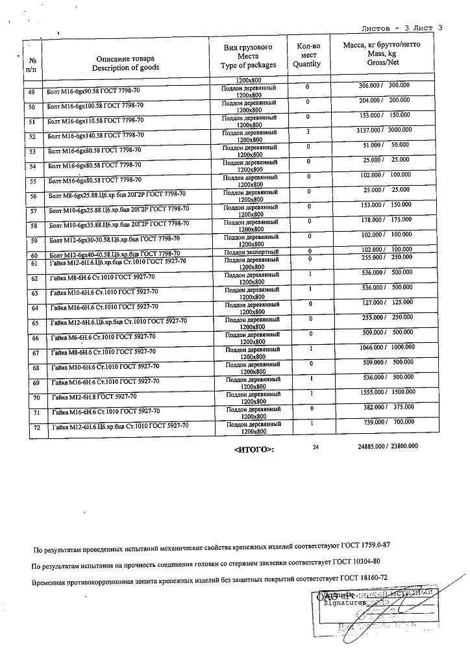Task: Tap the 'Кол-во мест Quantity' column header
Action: click(308, 55)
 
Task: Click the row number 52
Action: click(32, 137)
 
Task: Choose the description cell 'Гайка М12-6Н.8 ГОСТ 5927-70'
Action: click(93, 396)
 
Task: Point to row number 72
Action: click(36, 428)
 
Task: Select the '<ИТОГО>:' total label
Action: click(253, 449)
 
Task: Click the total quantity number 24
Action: click(316, 447)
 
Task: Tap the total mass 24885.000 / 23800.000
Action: click(388, 447)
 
